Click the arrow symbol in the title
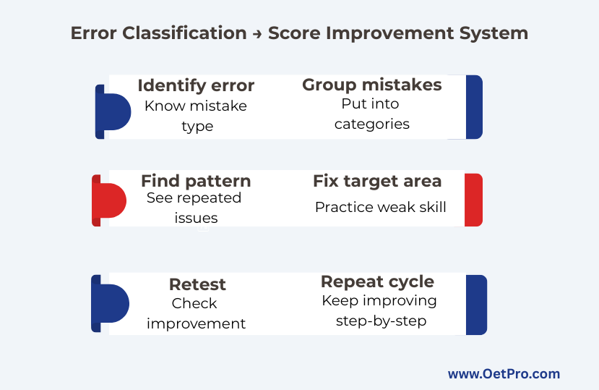[x=257, y=34]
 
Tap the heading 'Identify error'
[x=196, y=85]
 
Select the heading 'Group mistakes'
[x=371, y=85]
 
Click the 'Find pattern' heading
[x=196, y=181]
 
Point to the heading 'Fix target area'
[x=377, y=181]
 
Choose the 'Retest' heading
[x=197, y=284]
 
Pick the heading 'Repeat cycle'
[x=377, y=281]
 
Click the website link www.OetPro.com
[x=504, y=373]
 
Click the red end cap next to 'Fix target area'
[x=474, y=200]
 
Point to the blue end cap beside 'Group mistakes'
[x=475, y=107]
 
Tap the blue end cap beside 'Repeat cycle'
[x=476, y=305]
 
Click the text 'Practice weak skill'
[x=381, y=207]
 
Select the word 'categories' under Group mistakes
[x=372, y=124]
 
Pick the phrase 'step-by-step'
[x=382, y=321]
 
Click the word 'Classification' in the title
[x=184, y=33]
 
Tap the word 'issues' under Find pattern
[x=196, y=219]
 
